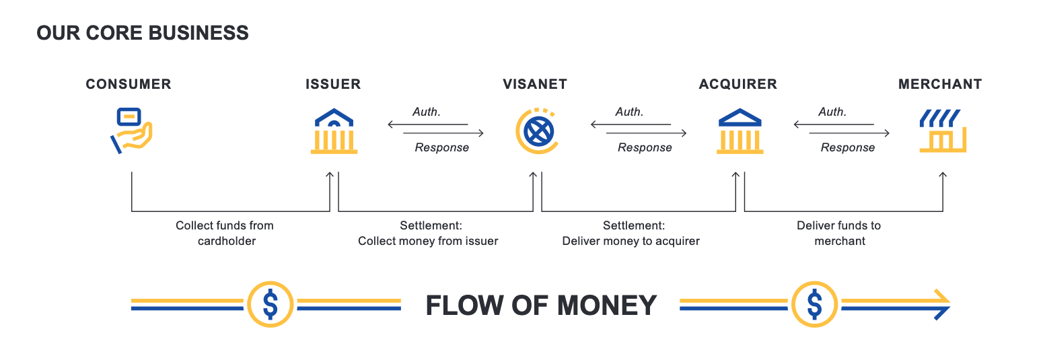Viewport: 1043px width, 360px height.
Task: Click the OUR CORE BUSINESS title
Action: click(x=143, y=32)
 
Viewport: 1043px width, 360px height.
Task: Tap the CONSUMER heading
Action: click(x=129, y=84)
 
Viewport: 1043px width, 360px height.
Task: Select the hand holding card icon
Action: click(x=132, y=130)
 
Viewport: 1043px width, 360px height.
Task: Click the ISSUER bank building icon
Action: click(x=334, y=131)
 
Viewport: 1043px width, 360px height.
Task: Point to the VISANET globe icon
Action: click(x=537, y=131)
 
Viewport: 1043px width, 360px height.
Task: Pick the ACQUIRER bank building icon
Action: click(x=740, y=131)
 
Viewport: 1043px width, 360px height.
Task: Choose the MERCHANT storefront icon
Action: click(x=942, y=131)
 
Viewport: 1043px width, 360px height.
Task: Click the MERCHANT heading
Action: click(x=940, y=84)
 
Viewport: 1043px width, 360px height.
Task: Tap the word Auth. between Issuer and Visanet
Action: click(x=427, y=112)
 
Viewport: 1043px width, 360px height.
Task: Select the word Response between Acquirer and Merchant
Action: click(x=848, y=147)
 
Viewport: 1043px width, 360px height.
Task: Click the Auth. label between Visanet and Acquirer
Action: click(x=630, y=112)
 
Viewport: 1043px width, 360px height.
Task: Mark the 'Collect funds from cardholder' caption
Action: click(x=225, y=233)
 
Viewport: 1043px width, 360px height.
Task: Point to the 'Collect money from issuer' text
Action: click(x=428, y=241)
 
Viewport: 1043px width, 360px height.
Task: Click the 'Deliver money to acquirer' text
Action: click(x=631, y=241)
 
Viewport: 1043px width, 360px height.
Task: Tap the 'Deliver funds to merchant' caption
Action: click(x=839, y=233)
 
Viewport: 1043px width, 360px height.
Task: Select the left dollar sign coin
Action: click(x=270, y=304)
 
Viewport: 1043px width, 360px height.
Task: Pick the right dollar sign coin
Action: click(x=814, y=304)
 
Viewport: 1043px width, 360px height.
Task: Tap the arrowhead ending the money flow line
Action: click(x=941, y=304)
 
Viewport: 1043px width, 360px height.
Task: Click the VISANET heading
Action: click(x=535, y=84)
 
